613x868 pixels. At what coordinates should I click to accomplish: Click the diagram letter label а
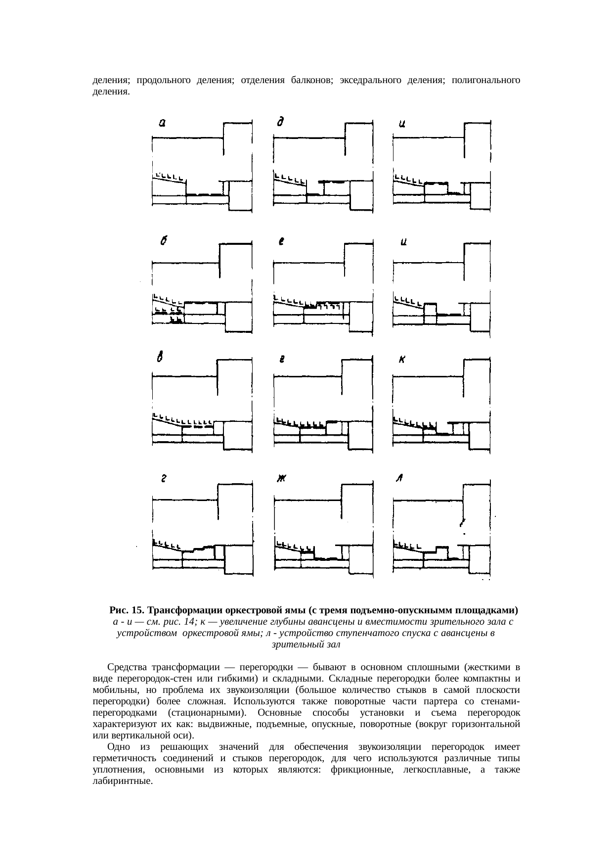[162, 124]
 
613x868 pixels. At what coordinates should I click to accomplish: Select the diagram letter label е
[281, 242]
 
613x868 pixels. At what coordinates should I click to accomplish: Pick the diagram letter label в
[160, 359]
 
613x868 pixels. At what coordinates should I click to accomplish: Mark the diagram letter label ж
[282, 479]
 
